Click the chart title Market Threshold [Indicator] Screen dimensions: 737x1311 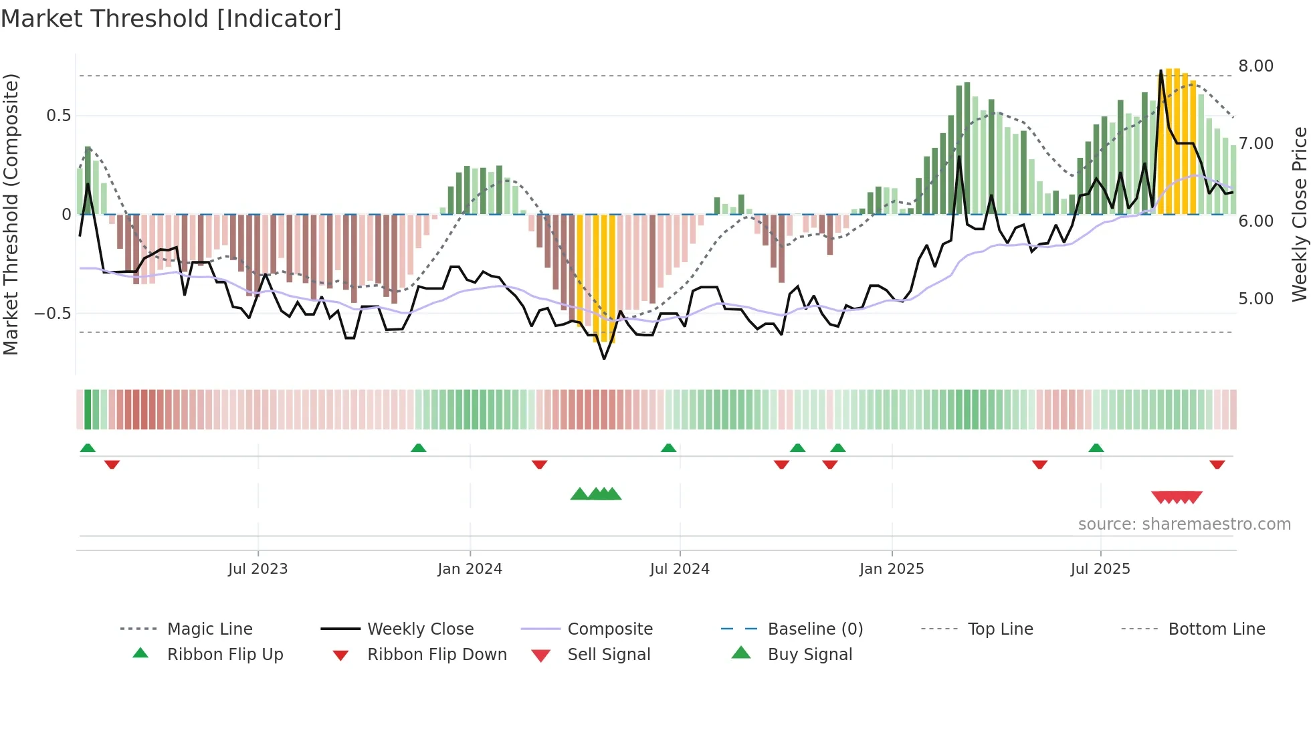171,19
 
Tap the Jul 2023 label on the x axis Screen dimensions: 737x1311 258,569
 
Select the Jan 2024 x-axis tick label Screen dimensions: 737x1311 470,569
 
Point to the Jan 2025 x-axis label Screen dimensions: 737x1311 892,569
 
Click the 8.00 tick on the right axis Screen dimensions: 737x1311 1255,66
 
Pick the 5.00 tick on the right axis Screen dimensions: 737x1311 1255,299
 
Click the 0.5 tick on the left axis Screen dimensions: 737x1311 58,116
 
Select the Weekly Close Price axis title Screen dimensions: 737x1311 1299,214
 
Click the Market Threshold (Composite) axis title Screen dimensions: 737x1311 11,214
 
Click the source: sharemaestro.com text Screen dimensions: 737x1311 1184,524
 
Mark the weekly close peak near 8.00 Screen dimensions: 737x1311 1161,71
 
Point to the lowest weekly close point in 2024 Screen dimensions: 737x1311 604,359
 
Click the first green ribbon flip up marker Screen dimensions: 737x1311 88,448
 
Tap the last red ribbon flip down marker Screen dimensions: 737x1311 1217,464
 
